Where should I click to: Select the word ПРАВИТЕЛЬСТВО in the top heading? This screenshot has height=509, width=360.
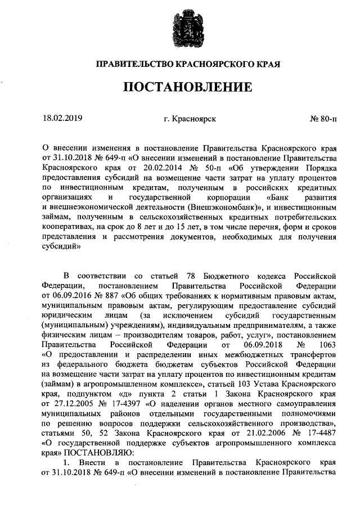coord(128,65)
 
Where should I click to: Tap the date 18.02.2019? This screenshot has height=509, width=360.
coord(62,119)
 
